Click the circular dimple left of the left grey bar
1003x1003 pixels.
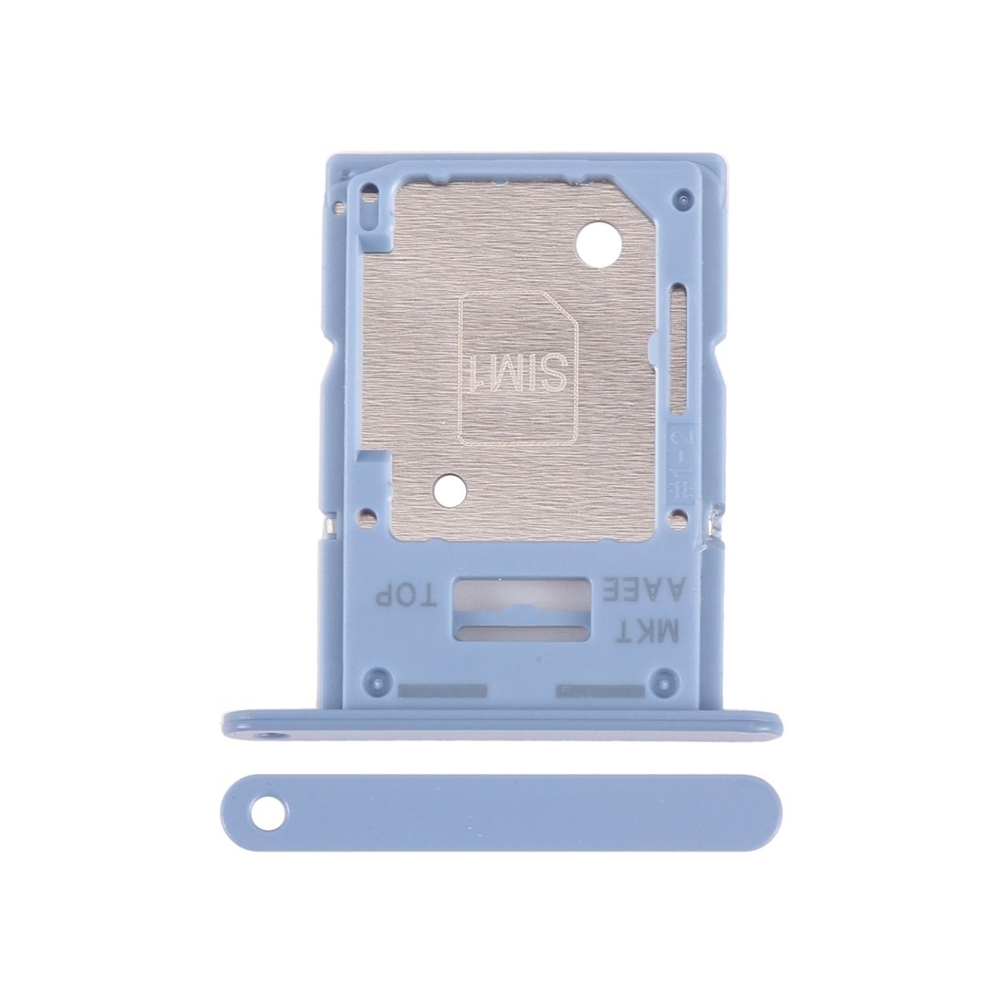tap(370, 680)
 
